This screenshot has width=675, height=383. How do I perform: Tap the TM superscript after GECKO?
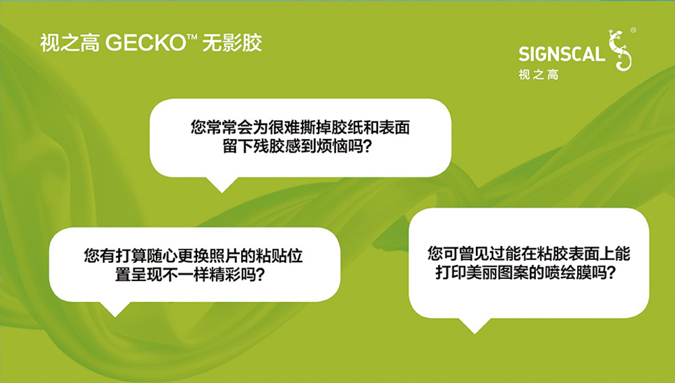coord(192,37)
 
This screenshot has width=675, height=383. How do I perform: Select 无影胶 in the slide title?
coord(232,43)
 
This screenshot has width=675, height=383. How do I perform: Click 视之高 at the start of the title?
coord(70,43)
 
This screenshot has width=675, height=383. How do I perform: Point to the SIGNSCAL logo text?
coord(562,54)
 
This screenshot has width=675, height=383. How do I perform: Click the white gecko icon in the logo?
coord(620,50)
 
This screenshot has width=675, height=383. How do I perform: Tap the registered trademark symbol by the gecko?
coord(633,30)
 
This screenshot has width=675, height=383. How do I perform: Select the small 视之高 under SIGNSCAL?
coord(539,74)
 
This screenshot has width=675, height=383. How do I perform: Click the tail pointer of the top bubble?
coord(222,184)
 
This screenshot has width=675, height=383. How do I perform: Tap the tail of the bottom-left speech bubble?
coord(115,309)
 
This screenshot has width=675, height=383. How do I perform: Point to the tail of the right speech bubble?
coord(475,326)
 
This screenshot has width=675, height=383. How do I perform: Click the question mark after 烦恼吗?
coord(367,147)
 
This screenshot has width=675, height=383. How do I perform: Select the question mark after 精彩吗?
coord(260,274)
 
